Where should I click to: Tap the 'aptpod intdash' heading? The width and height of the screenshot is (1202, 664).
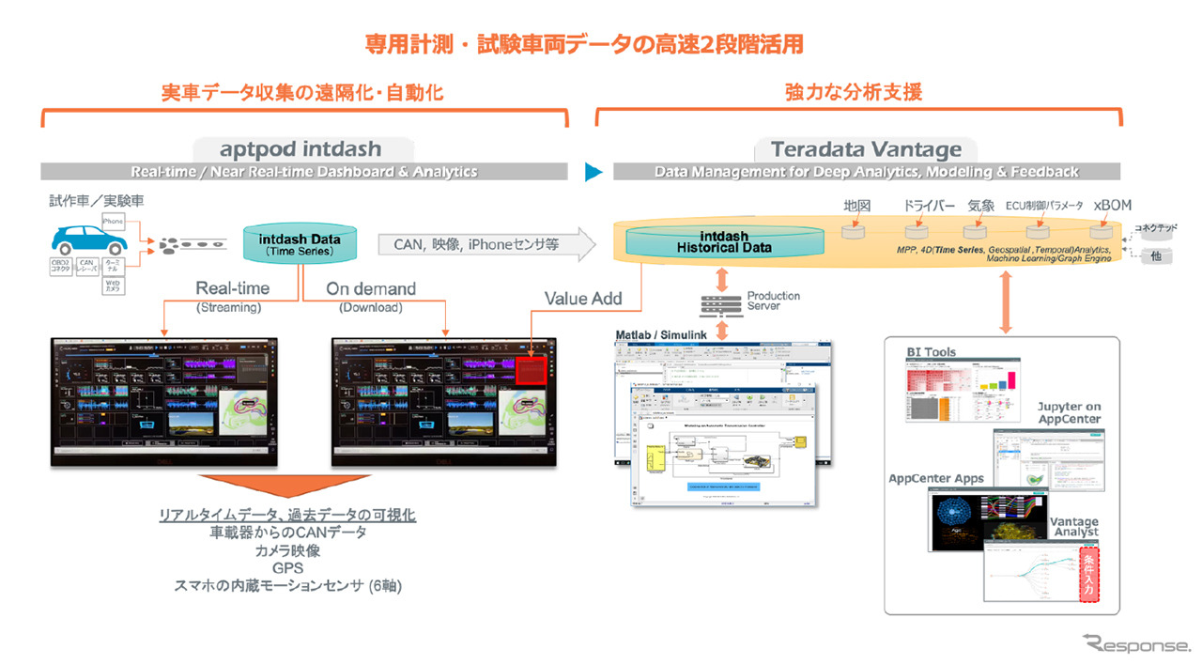click(x=300, y=149)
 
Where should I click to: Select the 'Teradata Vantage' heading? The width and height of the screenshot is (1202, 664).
click(x=866, y=149)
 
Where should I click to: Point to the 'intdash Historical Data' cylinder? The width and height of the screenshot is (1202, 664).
click(x=724, y=242)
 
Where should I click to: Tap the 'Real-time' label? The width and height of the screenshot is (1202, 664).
click(x=232, y=288)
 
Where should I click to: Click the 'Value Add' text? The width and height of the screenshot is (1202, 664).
click(x=582, y=299)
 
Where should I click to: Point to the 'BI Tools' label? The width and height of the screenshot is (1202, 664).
click(x=931, y=352)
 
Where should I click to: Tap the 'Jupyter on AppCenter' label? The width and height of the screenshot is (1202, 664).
click(x=1069, y=412)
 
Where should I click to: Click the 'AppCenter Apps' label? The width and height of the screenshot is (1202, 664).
click(x=936, y=478)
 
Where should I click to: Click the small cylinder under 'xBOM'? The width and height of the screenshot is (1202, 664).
click(x=1100, y=230)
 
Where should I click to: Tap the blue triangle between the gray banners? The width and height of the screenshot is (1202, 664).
click(x=592, y=172)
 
